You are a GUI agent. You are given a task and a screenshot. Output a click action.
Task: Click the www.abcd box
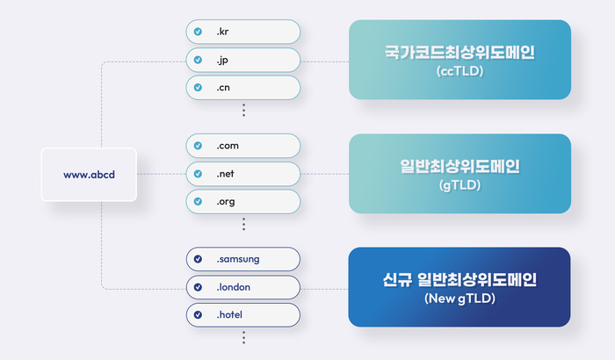point(89,175)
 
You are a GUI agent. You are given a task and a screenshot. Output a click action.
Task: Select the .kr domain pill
point(243,32)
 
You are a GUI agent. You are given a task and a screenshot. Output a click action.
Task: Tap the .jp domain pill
point(243,60)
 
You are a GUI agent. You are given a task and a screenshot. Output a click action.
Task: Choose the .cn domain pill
point(243,88)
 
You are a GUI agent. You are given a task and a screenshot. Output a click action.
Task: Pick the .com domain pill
point(243,146)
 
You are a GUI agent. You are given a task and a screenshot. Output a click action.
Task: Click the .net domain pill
point(243,174)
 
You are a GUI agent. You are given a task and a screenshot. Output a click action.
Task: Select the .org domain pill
point(243,202)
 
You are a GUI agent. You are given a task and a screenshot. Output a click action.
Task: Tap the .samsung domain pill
point(243,259)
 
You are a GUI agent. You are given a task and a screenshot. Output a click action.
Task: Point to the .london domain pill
point(243,287)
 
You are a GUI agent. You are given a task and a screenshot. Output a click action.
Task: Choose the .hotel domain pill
point(243,315)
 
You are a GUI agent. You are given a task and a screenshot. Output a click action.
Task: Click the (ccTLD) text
point(459,71)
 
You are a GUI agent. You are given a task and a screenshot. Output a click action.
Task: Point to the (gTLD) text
point(459,184)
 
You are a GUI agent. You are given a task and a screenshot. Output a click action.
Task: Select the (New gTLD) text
point(459,299)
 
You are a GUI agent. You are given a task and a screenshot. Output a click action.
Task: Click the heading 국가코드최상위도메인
point(459,52)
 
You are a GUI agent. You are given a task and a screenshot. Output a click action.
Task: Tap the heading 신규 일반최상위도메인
point(459,279)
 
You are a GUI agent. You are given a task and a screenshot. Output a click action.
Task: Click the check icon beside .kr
point(198,32)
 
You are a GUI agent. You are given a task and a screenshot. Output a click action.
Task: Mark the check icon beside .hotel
point(198,315)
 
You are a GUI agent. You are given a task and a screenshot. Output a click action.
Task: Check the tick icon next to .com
point(198,146)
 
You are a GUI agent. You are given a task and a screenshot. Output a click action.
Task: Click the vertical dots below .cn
point(243,111)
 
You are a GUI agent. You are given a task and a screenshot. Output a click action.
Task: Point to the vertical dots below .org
point(243,224)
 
